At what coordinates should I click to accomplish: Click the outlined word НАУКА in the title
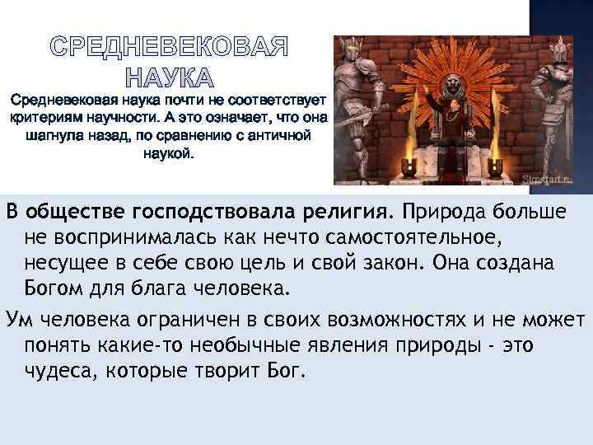[169, 79]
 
